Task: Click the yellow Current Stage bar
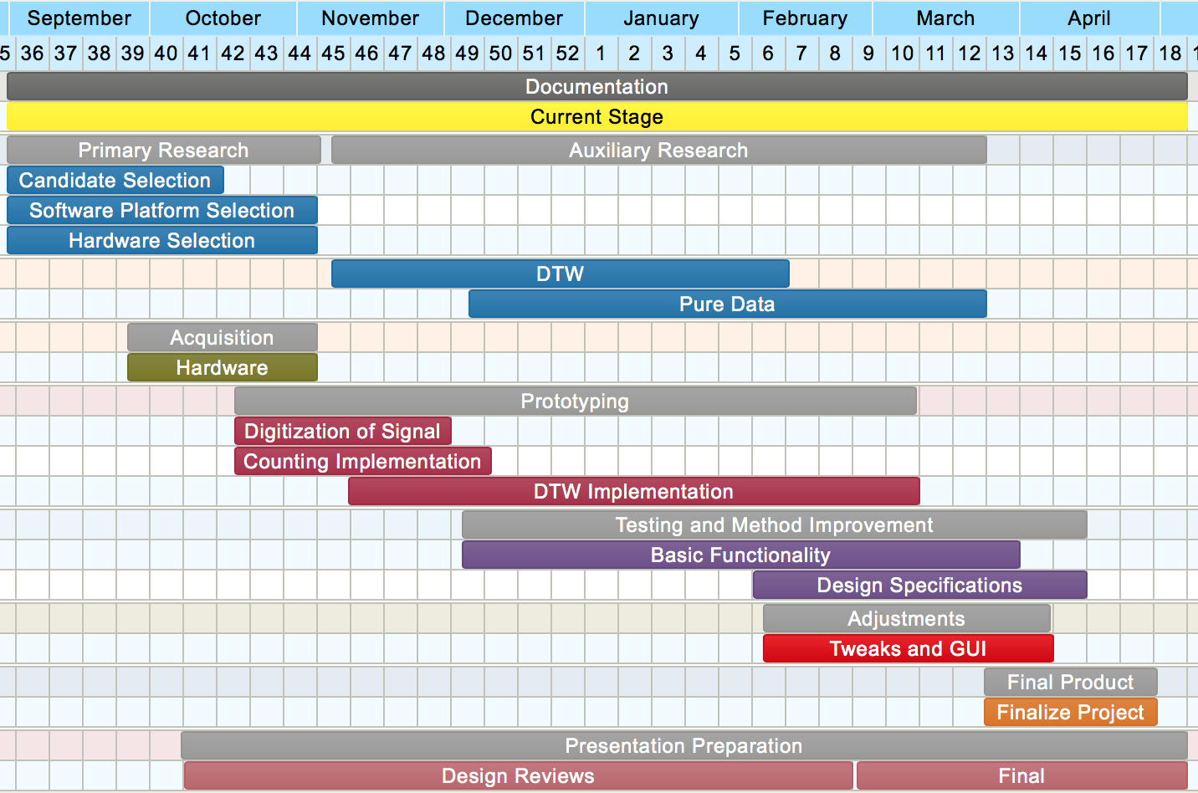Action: coord(596,117)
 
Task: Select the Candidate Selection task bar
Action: coord(115,181)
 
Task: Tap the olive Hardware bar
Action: coord(222,368)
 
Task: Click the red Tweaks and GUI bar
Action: coord(908,649)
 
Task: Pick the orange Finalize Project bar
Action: coord(1070,713)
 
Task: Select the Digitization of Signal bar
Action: coord(342,432)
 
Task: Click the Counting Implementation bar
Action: coord(362,462)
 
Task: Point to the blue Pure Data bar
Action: coord(727,304)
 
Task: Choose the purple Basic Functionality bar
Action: coord(740,555)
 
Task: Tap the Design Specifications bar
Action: coord(919,586)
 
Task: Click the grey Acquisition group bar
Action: coord(222,338)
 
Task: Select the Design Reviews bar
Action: coord(518,776)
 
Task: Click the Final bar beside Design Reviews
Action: coord(1021,776)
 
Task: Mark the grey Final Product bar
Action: coord(1070,683)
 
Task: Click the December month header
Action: coord(514,18)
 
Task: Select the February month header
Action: coord(805,18)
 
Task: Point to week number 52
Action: coord(567,54)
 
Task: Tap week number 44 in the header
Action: coord(299,54)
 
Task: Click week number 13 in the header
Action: coord(1002,54)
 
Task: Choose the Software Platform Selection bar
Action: coord(161,211)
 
